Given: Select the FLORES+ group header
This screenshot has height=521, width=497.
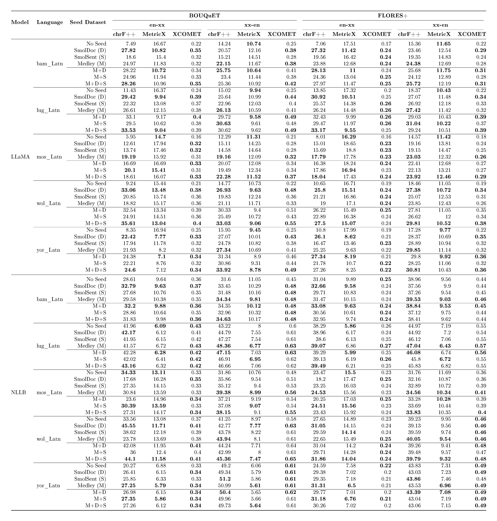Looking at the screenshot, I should coord(393,16).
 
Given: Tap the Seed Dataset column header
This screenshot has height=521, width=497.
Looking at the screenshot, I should coord(88,22).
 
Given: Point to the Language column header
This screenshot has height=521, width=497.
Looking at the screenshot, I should coord(50,22).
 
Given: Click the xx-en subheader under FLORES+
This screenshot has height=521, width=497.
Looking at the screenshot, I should coord(440,25).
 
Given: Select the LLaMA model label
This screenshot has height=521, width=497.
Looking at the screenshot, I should coord(20,157).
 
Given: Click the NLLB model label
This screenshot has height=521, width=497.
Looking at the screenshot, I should coord(19,392).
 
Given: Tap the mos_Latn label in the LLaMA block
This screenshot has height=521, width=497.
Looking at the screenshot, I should coord(49,157).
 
